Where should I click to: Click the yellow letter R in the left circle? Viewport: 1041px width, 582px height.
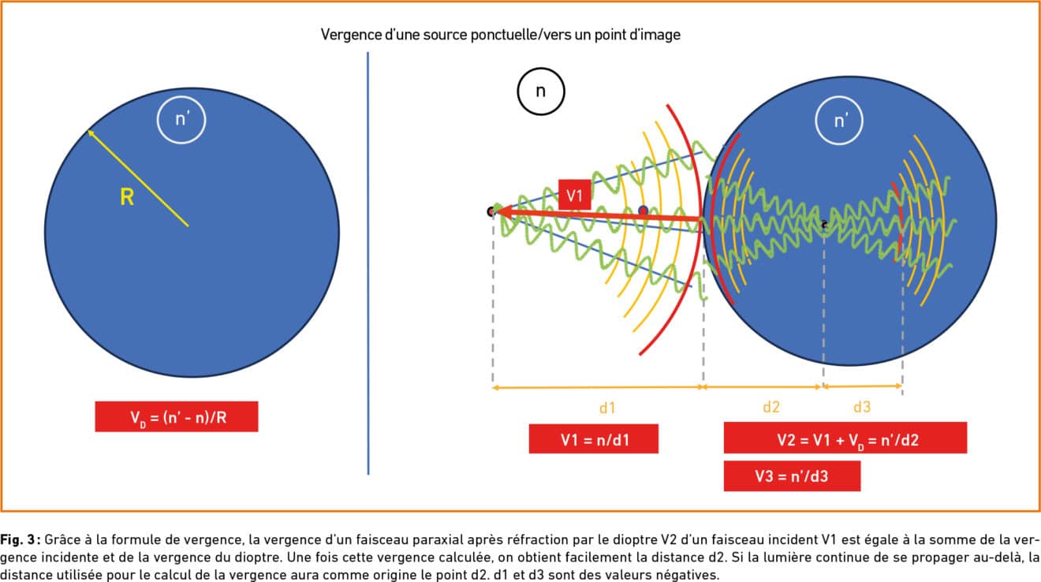[x=127, y=197]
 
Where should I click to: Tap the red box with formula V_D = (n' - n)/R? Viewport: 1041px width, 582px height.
[x=177, y=416]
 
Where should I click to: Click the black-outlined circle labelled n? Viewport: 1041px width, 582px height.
[x=540, y=91]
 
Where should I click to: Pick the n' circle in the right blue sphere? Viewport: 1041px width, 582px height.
[x=841, y=121]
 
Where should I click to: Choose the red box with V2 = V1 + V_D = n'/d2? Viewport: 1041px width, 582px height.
[x=845, y=438]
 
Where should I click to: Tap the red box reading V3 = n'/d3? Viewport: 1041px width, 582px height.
[x=792, y=476]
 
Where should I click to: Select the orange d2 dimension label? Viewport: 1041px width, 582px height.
[x=771, y=408]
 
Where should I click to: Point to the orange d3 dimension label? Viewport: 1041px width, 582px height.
[x=862, y=408]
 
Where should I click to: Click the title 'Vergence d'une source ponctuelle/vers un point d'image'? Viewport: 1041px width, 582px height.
[x=501, y=35]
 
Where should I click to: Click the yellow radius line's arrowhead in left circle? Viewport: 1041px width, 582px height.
[x=91, y=133]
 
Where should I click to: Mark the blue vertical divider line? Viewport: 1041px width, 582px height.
[x=368, y=260]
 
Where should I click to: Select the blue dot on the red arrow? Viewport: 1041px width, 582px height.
[x=644, y=211]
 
